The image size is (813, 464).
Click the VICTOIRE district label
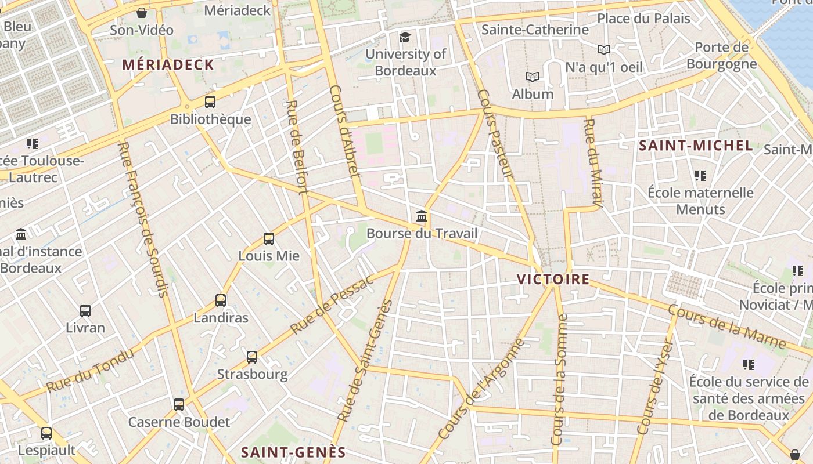point(553,280)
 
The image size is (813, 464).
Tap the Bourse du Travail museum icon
point(422,216)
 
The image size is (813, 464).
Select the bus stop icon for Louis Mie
point(268,238)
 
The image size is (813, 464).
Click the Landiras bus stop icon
point(221,300)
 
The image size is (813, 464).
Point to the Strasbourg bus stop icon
point(252,357)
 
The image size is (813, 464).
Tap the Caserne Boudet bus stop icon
point(179,404)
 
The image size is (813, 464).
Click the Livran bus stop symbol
point(85,310)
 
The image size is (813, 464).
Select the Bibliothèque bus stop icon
point(210,102)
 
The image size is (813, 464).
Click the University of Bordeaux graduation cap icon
point(405,37)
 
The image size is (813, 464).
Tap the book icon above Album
point(533,77)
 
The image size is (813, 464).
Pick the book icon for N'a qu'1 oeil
point(604,50)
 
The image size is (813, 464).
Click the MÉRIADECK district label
point(168,64)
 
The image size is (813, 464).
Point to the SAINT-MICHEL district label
point(696,146)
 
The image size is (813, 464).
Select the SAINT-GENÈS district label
point(293,452)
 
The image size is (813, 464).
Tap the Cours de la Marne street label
point(726,327)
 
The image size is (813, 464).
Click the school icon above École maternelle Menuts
point(700,175)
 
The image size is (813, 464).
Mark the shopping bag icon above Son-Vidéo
point(142,13)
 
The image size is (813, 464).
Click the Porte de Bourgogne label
point(721,56)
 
